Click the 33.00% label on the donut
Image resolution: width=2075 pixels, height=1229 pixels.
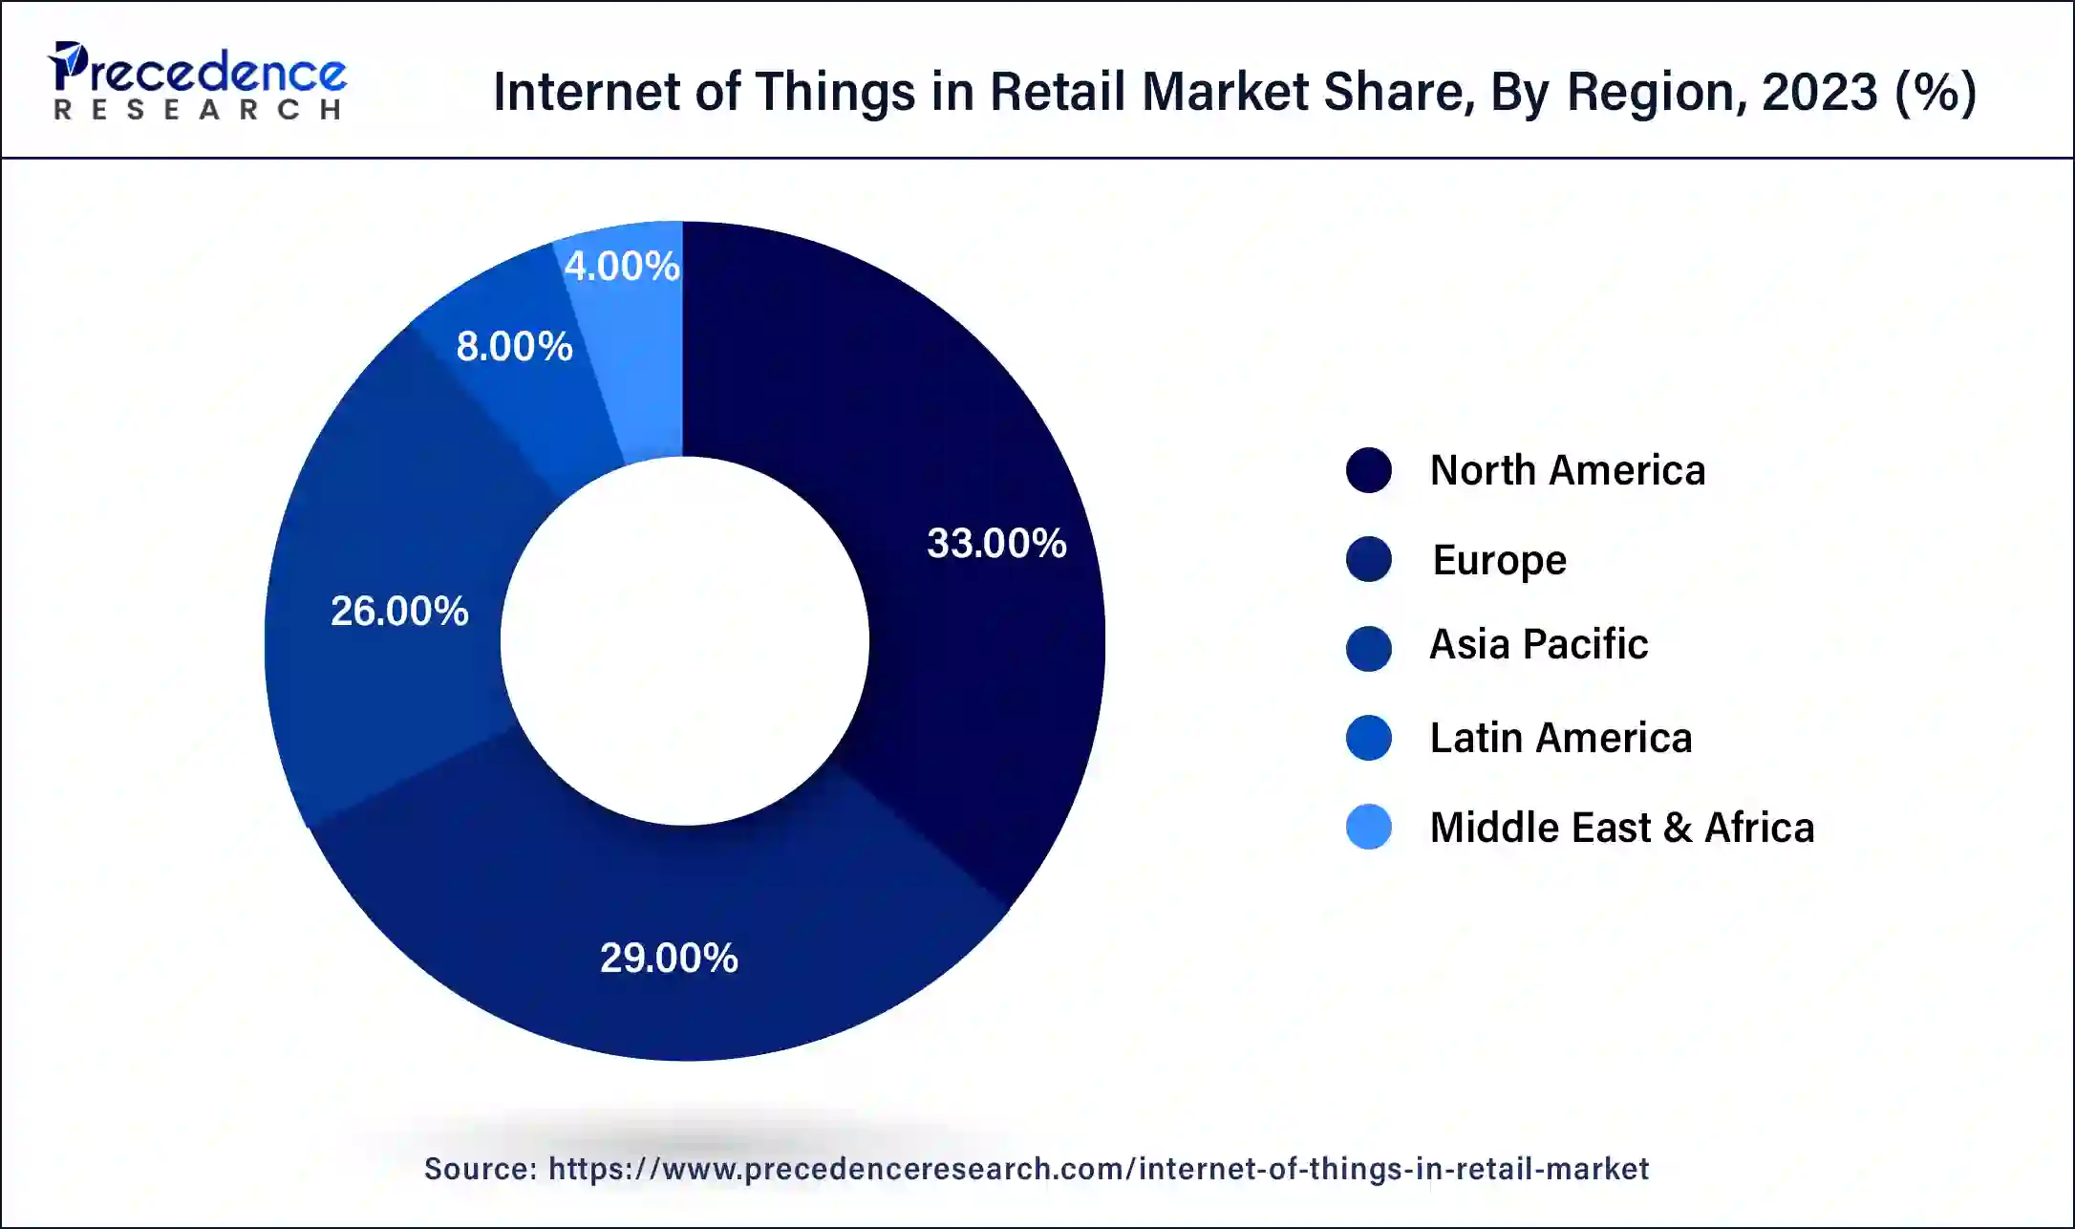(x=996, y=543)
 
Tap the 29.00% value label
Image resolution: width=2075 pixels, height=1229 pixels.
(x=669, y=958)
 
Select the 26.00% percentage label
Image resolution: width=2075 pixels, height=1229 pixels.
(x=399, y=611)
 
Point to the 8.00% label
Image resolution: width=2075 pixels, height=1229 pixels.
(x=514, y=346)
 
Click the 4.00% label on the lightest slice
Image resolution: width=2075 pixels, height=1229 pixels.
(x=621, y=266)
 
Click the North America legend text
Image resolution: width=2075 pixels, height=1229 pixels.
(x=1567, y=470)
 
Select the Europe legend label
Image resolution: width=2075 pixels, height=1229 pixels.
(x=1499, y=560)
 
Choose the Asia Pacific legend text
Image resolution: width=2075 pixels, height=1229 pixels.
(x=1538, y=644)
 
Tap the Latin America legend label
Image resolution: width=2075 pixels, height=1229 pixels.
(x=1560, y=738)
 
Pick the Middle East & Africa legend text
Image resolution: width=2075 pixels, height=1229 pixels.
(x=1621, y=828)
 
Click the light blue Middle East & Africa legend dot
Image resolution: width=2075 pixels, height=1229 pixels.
(x=1368, y=827)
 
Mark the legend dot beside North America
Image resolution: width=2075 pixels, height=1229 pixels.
(x=1368, y=470)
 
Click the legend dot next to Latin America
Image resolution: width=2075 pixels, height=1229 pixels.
(x=1368, y=738)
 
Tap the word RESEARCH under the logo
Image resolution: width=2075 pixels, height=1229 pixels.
(x=198, y=110)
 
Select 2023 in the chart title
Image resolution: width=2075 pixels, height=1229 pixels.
(x=1819, y=92)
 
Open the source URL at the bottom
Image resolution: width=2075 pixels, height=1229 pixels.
(x=1098, y=1169)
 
